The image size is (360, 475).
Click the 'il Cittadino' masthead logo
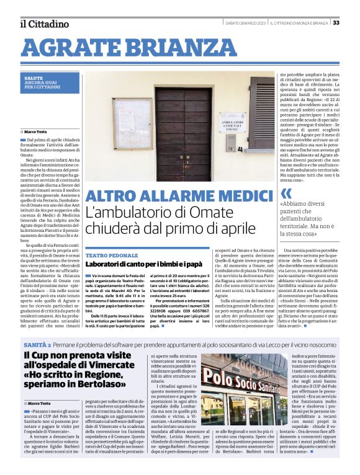tap(44, 24)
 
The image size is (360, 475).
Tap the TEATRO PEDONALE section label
tap(112, 255)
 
